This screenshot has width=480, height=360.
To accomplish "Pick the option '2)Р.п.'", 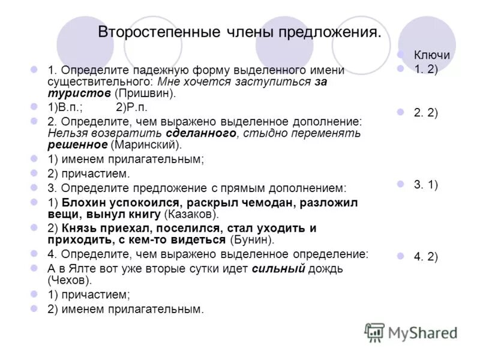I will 131,107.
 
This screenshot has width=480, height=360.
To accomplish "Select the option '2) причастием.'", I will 89,173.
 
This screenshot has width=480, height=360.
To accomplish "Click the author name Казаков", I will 192,215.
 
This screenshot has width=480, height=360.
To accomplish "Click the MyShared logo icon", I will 375,332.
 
